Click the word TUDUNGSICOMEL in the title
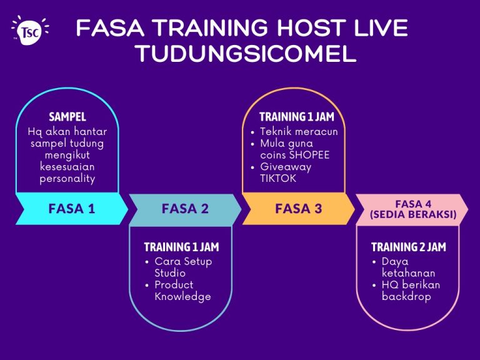click(245, 54)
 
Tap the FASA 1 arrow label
click(71, 209)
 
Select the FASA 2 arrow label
click(185, 209)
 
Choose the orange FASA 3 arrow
click(298, 209)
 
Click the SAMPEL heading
click(67, 117)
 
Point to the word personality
click(67, 179)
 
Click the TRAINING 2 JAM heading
click(409, 247)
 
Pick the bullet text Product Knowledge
click(182, 291)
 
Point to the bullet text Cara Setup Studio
click(182, 267)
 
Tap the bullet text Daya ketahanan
click(408, 267)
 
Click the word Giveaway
click(286, 167)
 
